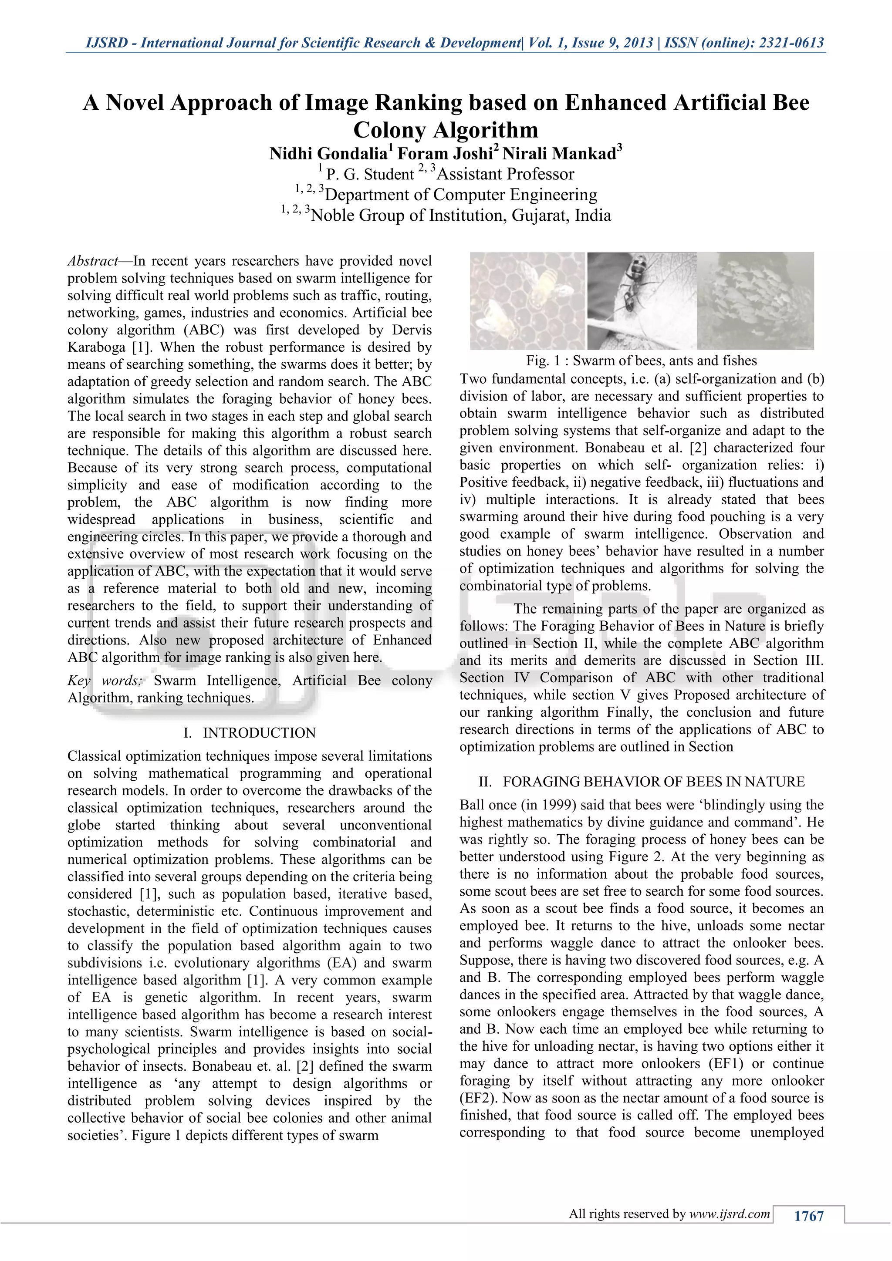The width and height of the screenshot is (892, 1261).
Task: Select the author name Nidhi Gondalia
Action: click(328, 154)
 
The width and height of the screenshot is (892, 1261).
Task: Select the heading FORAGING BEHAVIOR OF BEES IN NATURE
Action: click(654, 782)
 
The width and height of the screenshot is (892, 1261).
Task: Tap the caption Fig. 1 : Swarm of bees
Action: click(641, 361)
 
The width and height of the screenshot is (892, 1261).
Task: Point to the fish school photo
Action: click(755, 300)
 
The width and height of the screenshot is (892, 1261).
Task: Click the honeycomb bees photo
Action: click(527, 300)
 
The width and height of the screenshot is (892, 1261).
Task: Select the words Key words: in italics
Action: click(105, 681)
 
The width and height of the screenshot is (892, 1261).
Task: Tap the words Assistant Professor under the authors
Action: click(505, 175)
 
